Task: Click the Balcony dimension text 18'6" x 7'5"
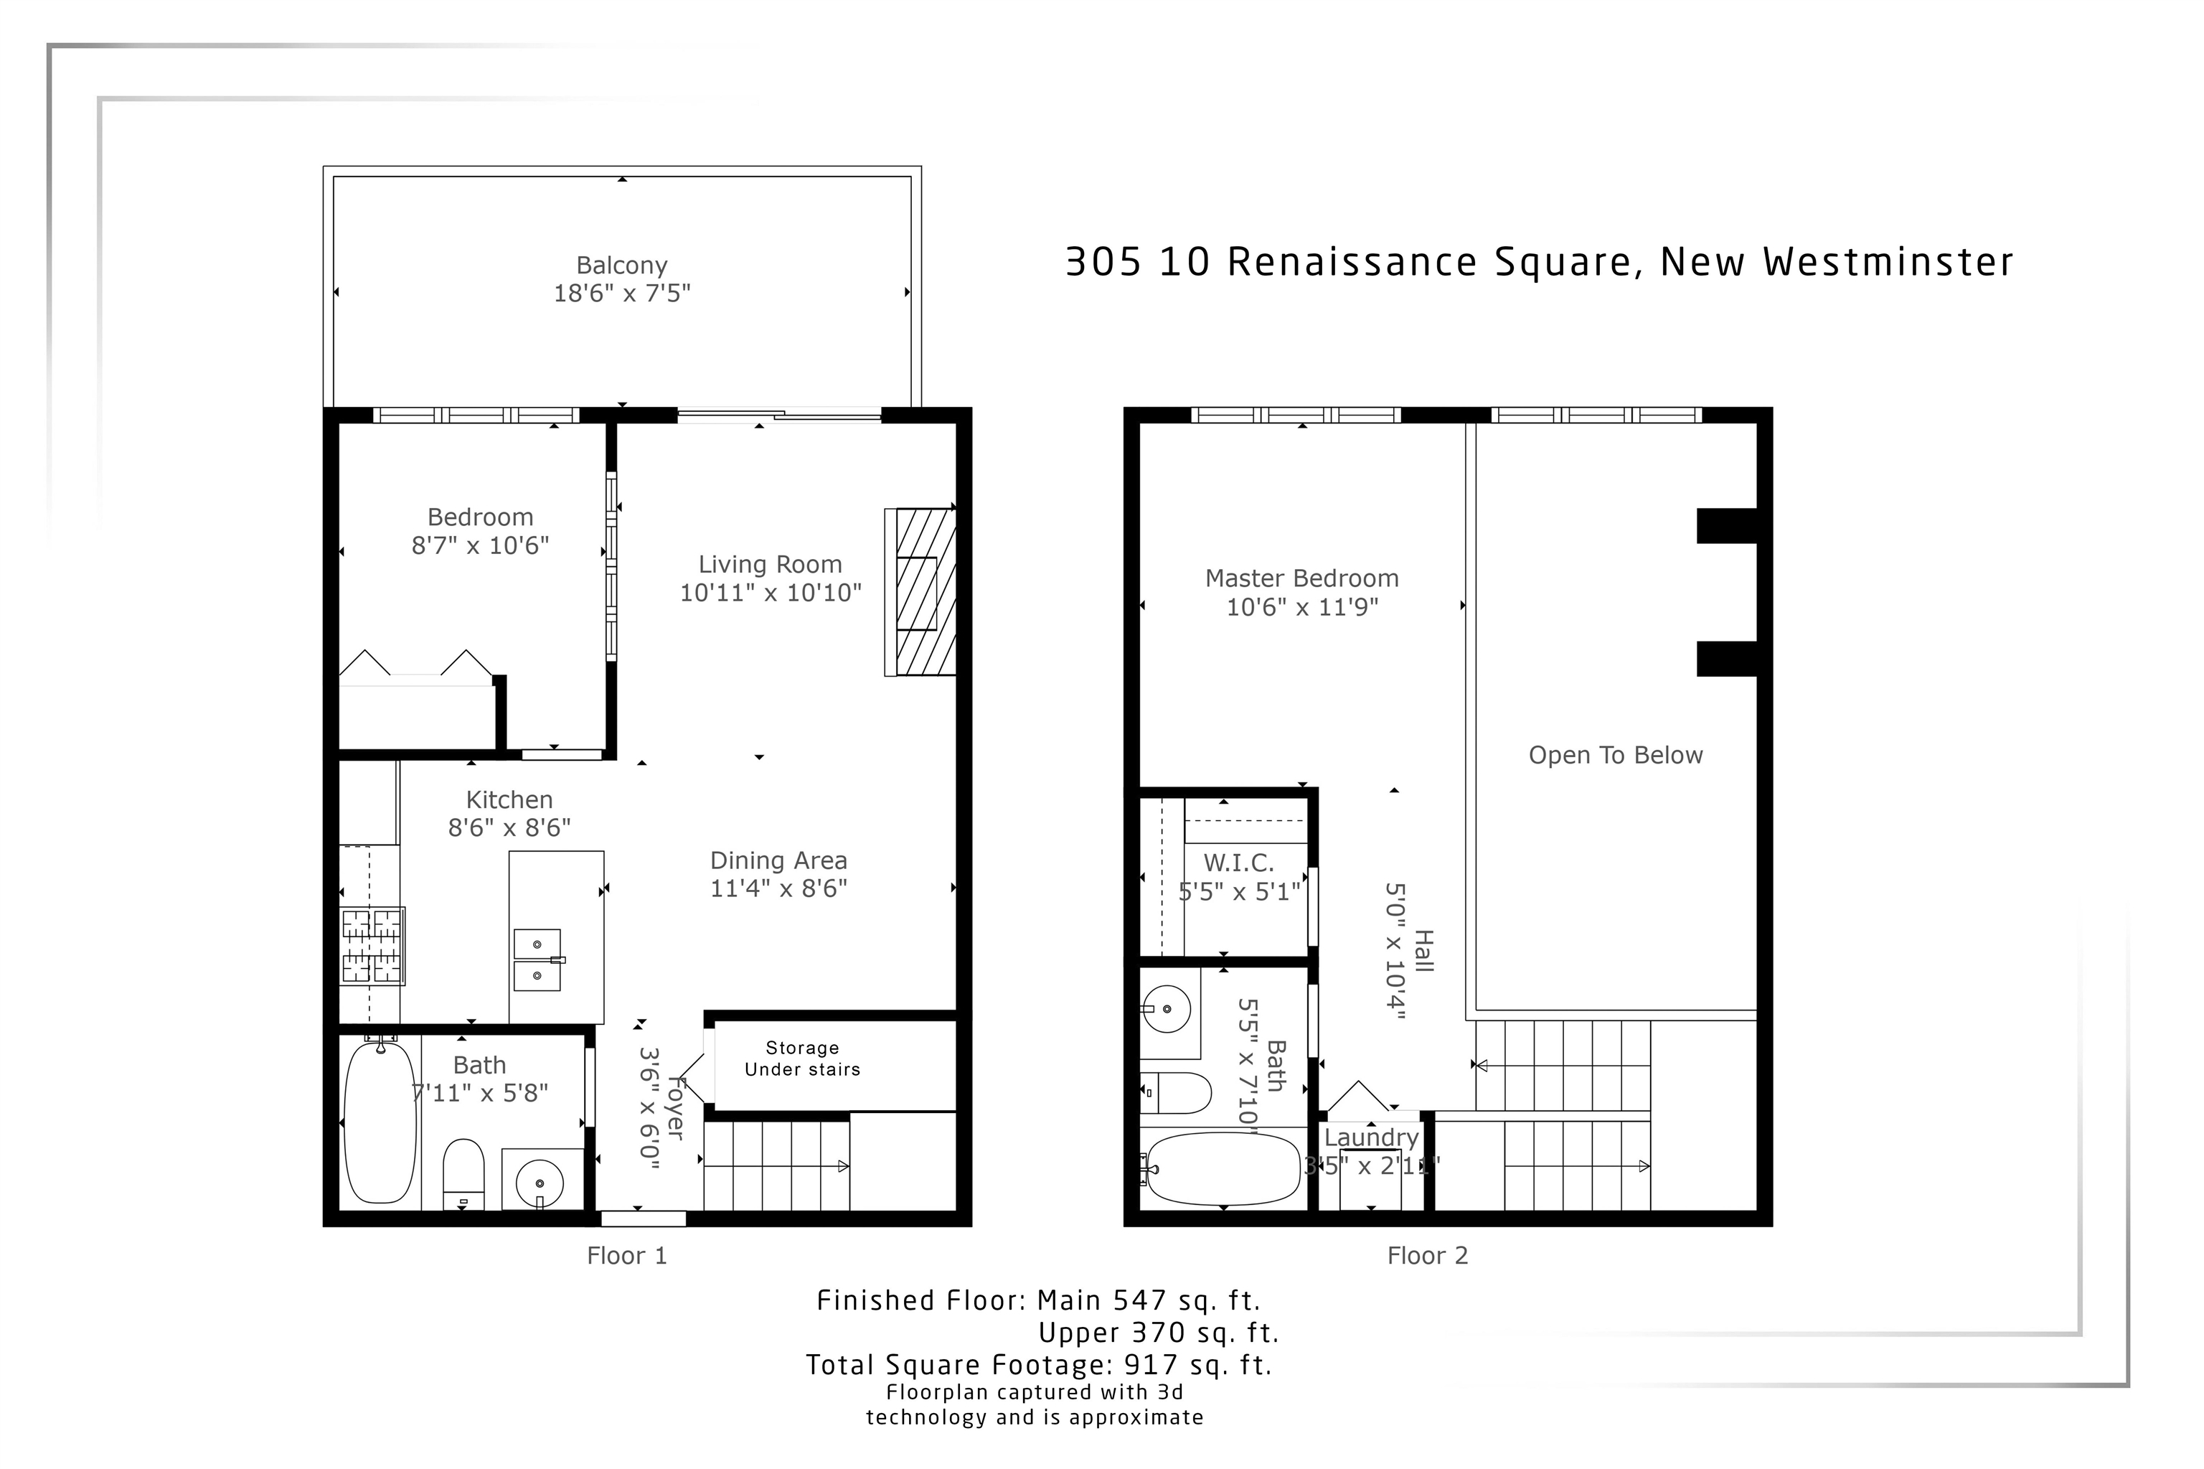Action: [621, 294]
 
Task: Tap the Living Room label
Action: [770, 564]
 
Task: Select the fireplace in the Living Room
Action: [920, 591]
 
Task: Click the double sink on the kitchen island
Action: [537, 959]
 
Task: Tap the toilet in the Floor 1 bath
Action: [463, 1173]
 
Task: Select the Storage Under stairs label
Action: [802, 1059]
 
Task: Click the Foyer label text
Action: [674, 1108]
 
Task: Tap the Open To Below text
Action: [1615, 755]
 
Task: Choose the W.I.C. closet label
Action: [1238, 862]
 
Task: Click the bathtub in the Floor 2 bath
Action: [1223, 1168]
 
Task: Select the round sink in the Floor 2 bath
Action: [1167, 1009]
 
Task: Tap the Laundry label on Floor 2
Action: [1371, 1137]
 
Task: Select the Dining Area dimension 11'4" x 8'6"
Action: [778, 888]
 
